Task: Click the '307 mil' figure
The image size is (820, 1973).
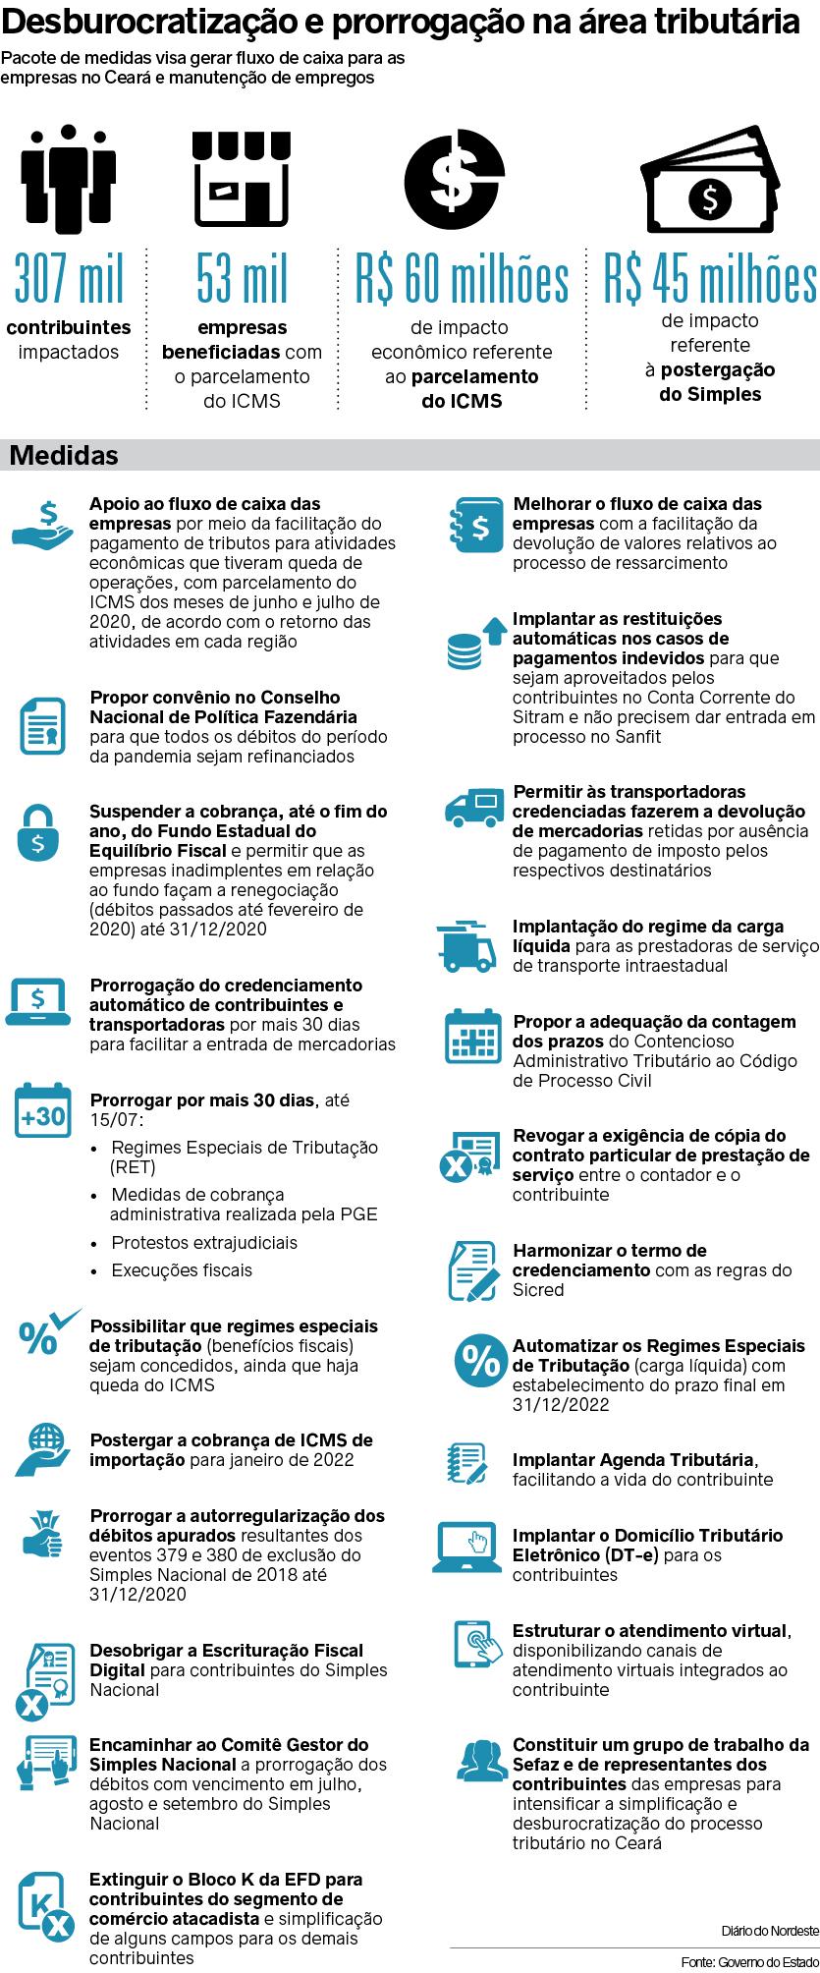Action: (69, 279)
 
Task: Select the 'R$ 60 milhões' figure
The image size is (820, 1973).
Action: (463, 279)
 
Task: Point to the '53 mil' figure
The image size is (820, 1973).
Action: (242, 279)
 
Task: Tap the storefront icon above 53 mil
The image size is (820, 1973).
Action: (242, 177)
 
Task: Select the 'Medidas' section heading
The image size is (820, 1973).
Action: (63, 456)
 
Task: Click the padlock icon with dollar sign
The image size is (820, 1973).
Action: (38, 833)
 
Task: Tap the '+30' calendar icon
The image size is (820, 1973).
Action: (42, 1113)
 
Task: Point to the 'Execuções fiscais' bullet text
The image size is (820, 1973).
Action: (182, 1270)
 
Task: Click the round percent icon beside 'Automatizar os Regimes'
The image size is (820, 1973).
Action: (481, 1361)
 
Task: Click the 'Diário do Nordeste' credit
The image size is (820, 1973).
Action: (769, 1930)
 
